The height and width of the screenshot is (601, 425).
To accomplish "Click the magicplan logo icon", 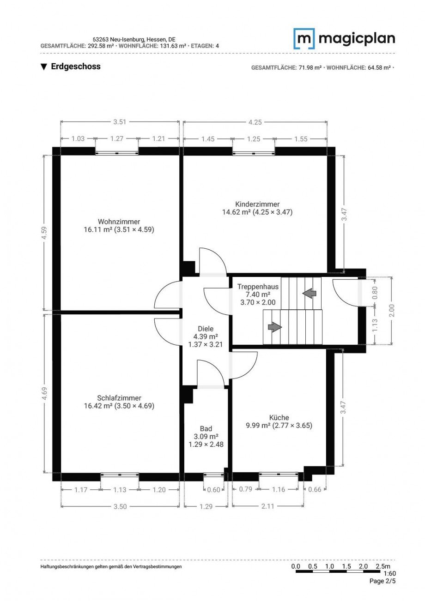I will pyautogui.click(x=304, y=38).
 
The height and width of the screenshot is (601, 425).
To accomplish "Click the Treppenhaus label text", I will pyautogui.click(x=258, y=287).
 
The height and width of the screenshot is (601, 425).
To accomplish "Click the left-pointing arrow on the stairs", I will pyautogui.click(x=309, y=293).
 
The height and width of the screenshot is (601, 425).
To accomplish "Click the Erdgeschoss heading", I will pyautogui.click(x=75, y=66).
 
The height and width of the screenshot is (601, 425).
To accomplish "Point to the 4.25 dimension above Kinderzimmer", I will pyautogui.click(x=255, y=122).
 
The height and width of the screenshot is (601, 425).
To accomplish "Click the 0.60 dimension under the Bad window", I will pyautogui.click(x=213, y=490).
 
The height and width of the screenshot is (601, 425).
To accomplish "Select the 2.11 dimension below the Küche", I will pyautogui.click(x=268, y=506).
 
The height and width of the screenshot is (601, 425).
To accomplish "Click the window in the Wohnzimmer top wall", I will pyautogui.click(x=117, y=151).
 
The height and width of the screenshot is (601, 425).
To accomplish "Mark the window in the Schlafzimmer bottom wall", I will pyautogui.click(x=120, y=475).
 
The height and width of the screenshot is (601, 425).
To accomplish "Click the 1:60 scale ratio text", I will pyautogui.click(x=390, y=574).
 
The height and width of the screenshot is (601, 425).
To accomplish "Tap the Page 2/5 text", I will pyautogui.click(x=382, y=581).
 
